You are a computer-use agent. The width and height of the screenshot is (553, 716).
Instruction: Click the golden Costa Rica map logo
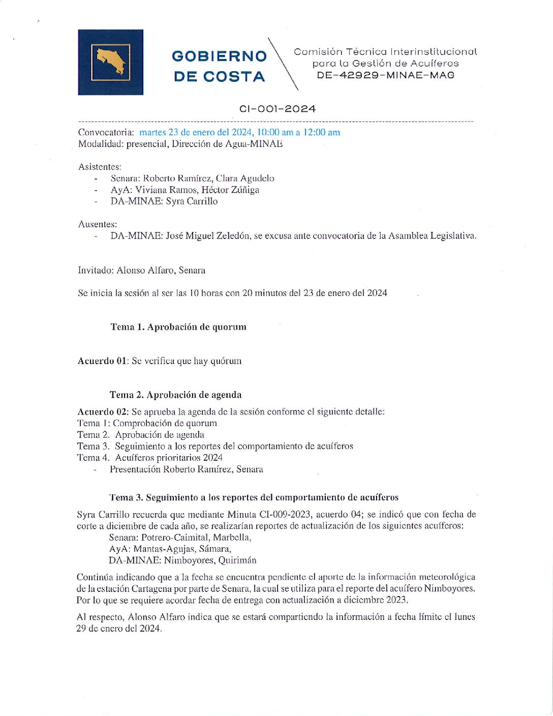click(x=110, y=62)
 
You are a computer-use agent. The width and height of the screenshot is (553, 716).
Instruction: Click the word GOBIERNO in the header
click(x=219, y=56)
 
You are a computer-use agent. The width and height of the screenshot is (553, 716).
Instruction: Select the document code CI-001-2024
click(x=278, y=109)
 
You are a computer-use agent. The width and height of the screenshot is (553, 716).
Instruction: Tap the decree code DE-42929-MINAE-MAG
click(x=385, y=75)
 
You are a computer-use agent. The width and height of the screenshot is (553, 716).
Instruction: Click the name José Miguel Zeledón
click(x=207, y=236)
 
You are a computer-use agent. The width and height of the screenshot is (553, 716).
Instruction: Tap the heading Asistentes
click(x=100, y=167)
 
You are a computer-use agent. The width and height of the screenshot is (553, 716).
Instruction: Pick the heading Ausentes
click(x=97, y=224)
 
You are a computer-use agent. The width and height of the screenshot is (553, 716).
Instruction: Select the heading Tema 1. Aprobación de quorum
click(x=178, y=327)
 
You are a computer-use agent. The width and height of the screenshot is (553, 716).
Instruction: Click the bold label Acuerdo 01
click(x=102, y=361)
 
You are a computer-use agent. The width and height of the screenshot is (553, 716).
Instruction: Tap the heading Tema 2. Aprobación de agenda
click(x=175, y=395)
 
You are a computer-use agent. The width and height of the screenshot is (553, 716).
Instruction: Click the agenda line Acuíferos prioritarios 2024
click(x=169, y=458)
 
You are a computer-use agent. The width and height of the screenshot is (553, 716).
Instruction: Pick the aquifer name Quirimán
click(x=237, y=560)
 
